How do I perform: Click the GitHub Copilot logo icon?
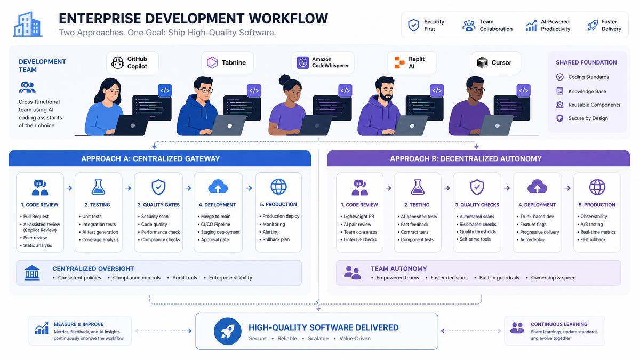coord(117,62)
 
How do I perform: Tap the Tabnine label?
coord(234,62)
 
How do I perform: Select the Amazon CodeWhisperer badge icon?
coord(302,62)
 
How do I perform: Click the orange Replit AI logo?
coord(399,62)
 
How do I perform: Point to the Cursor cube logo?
coord(482,62)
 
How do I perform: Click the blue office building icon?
coord(28,25)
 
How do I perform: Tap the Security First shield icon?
coord(413,25)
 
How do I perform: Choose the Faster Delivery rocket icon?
coord(593,25)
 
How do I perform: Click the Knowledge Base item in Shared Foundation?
coord(587,91)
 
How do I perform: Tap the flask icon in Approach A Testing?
coord(98,187)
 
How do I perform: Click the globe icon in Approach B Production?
coord(597,187)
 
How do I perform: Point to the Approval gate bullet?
coord(214,239)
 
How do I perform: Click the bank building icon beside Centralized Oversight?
coord(32,273)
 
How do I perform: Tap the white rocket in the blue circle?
coord(227,331)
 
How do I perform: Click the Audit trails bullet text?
coord(185,278)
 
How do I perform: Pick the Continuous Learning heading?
coord(559,324)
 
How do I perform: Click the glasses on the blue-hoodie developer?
coord(205,90)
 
